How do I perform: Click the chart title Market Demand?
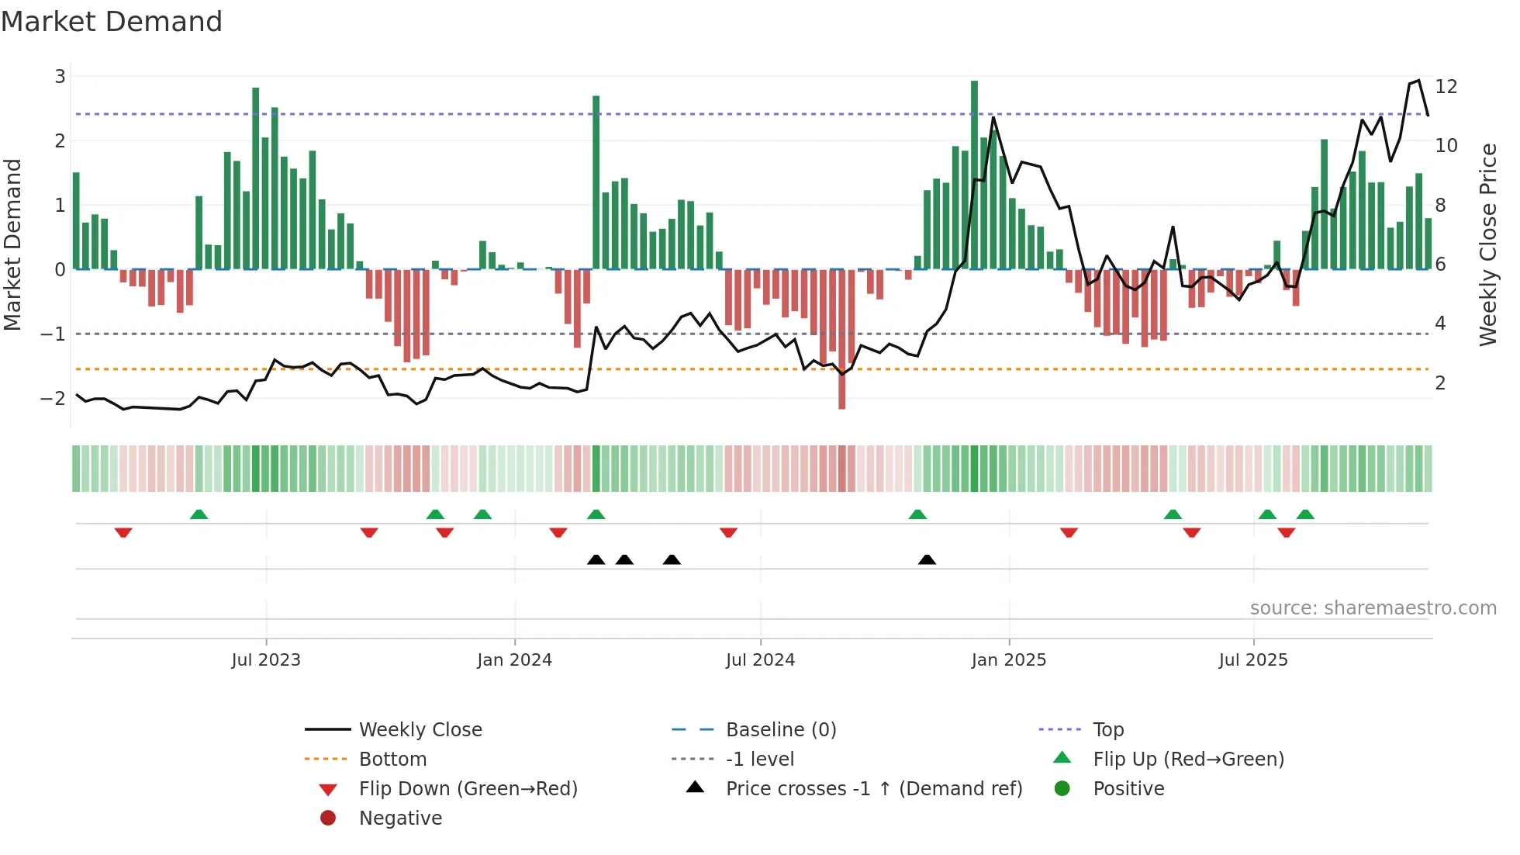pyautogui.click(x=112, y=22)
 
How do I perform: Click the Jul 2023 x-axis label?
pyautogui.click(x=266, y=660)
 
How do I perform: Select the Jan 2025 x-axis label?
pyautogui.click(x=1008, y=660)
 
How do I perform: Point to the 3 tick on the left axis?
pyautogui.click(x=60, y=76)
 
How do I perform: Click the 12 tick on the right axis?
pyautogui.click(x=1446, y=86)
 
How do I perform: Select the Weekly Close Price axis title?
pyautogui.click(x=1487, y=244)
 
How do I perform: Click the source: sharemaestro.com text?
pyautogui.click(x=1373, y=608)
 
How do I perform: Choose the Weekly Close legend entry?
pyautogui.click(x=420, y=730)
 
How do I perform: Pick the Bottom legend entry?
pyautogui.click(x=392, y=760)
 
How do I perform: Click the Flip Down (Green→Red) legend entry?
pyautogui.click(x=468, y=789)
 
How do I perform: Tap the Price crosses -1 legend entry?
pyautogui.click(x=873, y=789)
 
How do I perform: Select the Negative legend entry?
pyautogui.click(x=400, y=819)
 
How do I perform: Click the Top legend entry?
pyautogui.click(x=1108, y=730)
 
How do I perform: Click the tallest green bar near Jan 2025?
pyautogui.click(x=974, y=175)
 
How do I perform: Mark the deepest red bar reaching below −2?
pyautogui.click(x=841, y=339)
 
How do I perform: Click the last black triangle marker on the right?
pyautogui.click(x=927, y=559)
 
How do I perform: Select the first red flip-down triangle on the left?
pyautogui.click(x=123, y=532)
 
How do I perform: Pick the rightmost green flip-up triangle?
pyautogui.click(x=1305, y=514)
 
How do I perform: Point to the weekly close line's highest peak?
pyautogui.click(x=1418, y=81)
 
